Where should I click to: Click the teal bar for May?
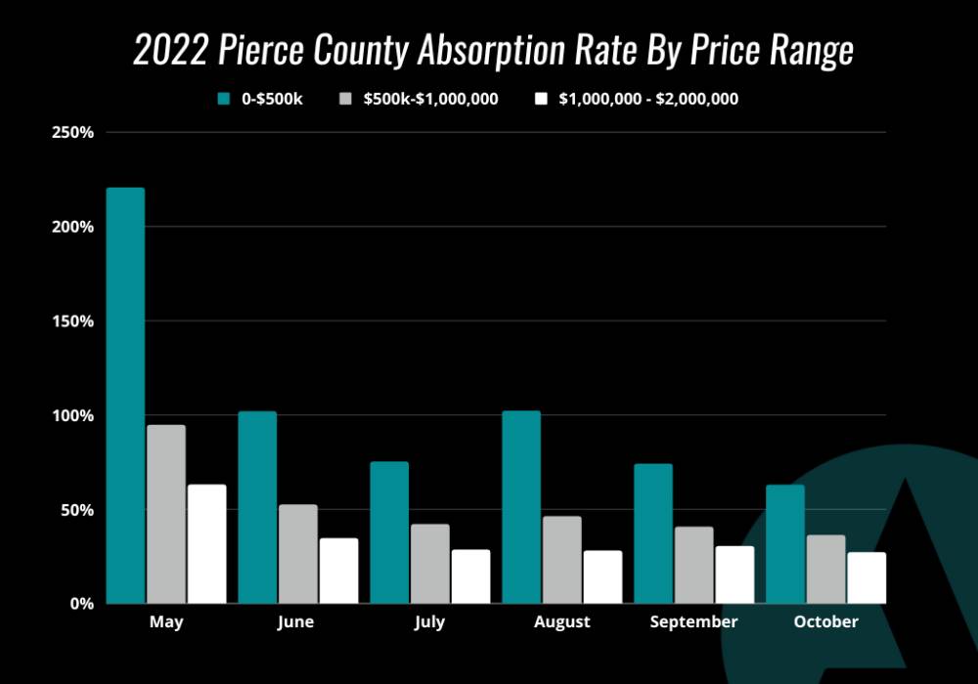[125, 396]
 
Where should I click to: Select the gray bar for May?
[166, 514]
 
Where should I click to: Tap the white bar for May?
[207, 544]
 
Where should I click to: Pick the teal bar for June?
[257, 507]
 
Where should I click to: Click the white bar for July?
[471, 577]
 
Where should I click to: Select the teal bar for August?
[521, 507]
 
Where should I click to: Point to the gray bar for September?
[694, 565]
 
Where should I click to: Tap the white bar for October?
[867, 577]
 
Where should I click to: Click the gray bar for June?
[298, 554]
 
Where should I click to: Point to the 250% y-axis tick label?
[72, 132]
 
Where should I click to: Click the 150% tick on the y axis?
[72, 321]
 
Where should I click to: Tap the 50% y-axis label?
[77, 510]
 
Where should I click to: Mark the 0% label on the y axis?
[81, 604]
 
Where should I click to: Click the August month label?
[562, 622]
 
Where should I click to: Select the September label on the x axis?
[693, 622]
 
